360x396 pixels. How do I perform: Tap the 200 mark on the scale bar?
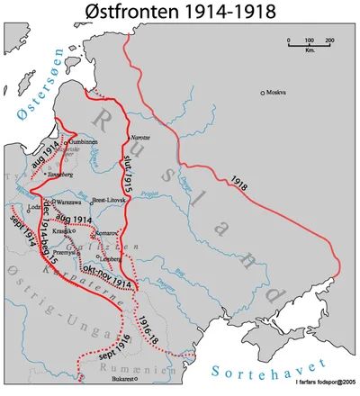tap(329, 42)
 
